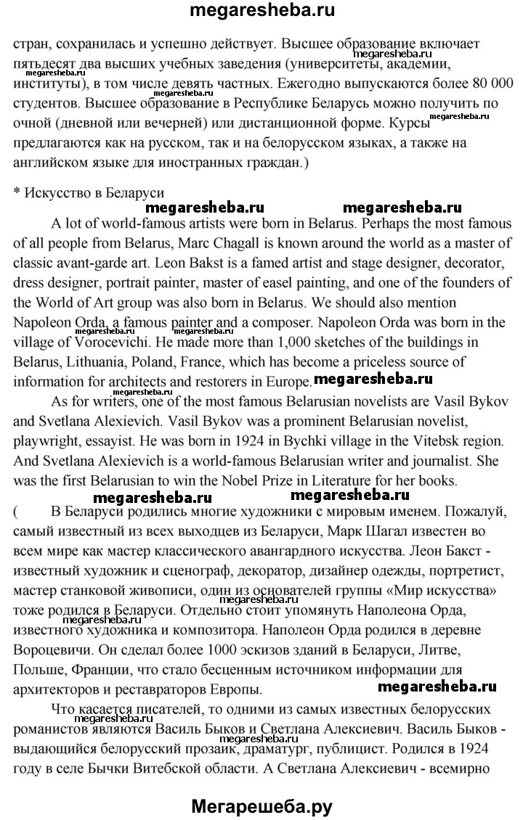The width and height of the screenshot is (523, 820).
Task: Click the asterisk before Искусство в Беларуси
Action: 17,193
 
